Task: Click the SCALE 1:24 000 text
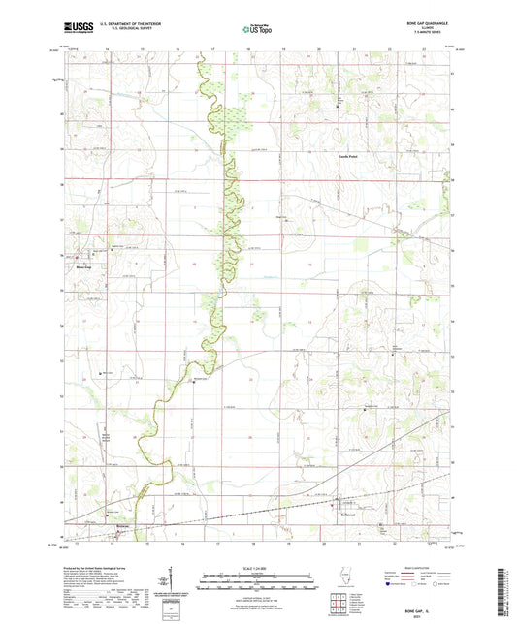[258, 569]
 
